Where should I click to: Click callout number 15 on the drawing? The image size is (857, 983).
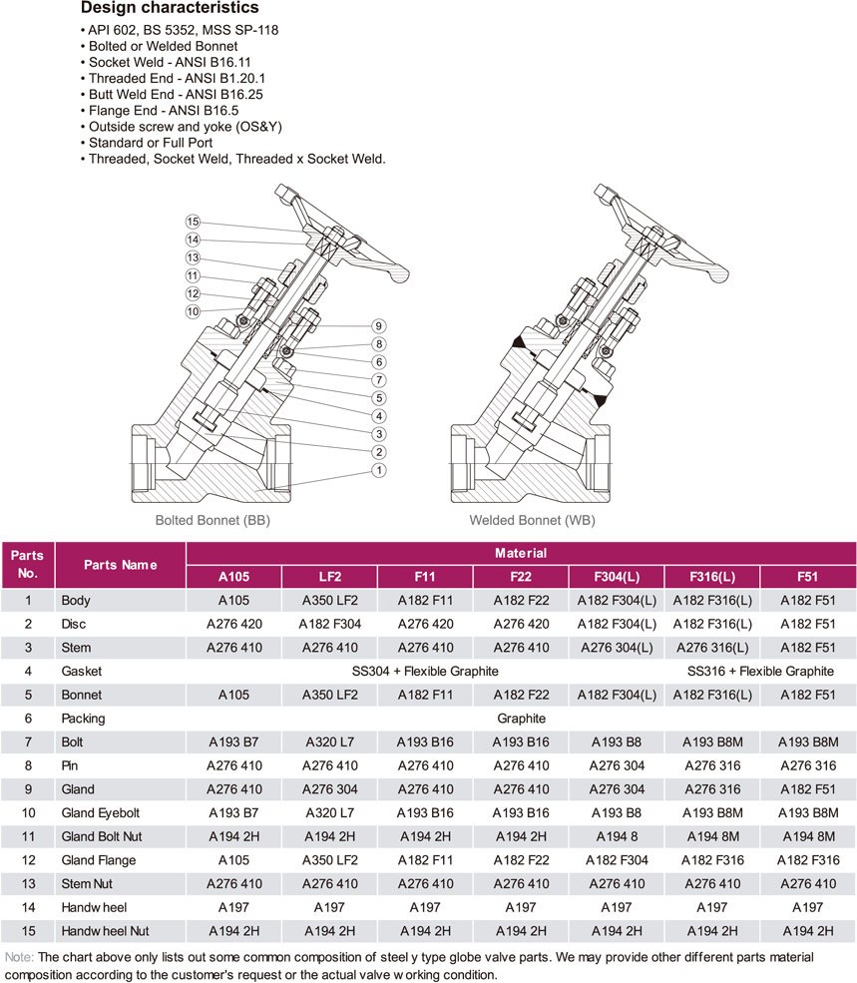click(x=193, y=222)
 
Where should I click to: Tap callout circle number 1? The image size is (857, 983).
click(x=378, y=469)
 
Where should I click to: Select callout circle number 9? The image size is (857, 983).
click(x=378, y=326)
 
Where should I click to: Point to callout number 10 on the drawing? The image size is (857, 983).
click(x=193, y=311)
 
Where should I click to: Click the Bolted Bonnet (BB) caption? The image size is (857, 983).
click(x=213, y=520)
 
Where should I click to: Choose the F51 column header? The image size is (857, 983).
click(x=807, y=576)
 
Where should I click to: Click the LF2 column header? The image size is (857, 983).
click(x=329, y=576)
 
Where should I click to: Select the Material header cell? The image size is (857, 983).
click(x=521, y=552)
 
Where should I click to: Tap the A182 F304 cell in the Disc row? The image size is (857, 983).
click(x=329, y=624)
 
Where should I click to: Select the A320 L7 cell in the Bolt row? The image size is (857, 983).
click(x=329, y=742)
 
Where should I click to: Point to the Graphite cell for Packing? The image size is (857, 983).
click(x=521, y=719)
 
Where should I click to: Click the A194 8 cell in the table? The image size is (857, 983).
click(x=617, y=836)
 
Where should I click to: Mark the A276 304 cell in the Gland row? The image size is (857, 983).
click(x=329, y=788)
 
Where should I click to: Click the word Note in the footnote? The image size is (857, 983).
click(x=18, y=956)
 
